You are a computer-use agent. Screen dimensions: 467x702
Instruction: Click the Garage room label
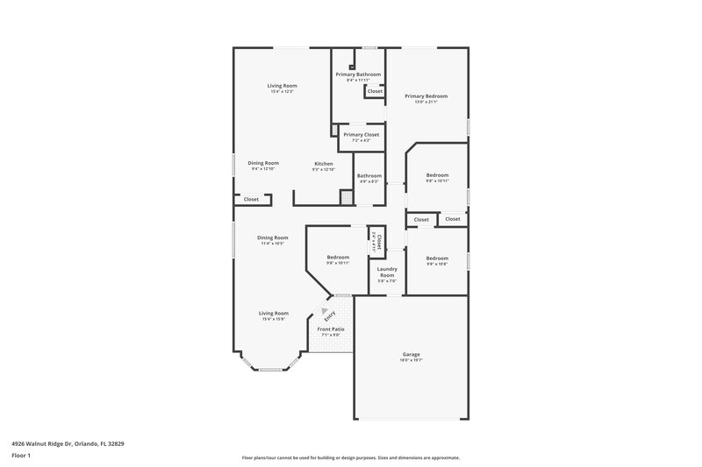coord(411,355)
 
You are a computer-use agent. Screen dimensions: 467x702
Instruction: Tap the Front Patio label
coord(331,329)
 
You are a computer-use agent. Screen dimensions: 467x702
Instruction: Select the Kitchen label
coord(324,164)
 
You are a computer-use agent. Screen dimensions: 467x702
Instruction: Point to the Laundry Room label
coord(387,272)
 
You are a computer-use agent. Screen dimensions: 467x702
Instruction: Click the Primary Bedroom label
coord(426,96)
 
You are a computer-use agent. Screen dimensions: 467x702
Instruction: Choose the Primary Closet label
coord(361,134)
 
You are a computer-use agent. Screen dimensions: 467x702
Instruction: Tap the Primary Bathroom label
coord(358,74)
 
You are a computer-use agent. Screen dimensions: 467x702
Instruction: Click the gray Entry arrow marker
coord(325,311)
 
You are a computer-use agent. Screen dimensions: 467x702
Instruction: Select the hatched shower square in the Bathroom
coord(347,198)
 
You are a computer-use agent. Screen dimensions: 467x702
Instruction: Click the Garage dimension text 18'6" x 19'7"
coord(411,360)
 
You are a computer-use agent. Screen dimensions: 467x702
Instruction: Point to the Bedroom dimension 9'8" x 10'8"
coord(437,263)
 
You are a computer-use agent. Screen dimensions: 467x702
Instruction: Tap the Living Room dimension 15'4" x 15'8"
coord(274,318)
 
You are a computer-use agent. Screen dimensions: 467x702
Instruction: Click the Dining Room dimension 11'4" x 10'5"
coord(273,243)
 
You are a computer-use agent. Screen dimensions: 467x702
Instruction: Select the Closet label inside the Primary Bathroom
coord(375,91)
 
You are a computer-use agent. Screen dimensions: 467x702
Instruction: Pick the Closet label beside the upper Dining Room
coord(251,199)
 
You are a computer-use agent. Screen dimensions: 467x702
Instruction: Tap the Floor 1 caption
coord(20,456)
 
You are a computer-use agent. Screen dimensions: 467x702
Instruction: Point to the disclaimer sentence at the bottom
coord(350,457)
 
